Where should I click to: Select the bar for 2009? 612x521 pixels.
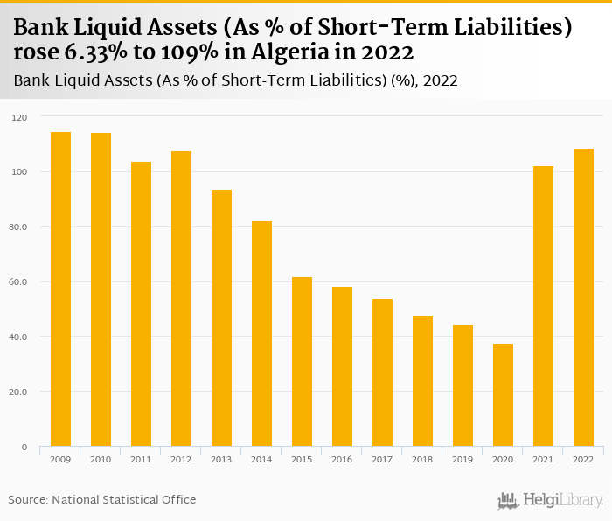(60, 288)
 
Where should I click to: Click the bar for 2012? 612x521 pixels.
(181, 298)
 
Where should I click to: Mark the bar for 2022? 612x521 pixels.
(583, 297)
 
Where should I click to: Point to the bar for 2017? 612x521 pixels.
(382, 372)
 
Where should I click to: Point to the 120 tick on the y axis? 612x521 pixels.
(20, 117)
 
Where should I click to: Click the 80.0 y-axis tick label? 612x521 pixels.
(19, 227)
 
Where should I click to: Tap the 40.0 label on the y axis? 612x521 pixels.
(19, 337)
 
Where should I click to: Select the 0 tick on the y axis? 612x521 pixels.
(24, 447)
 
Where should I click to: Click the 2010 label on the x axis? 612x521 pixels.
(101, 459)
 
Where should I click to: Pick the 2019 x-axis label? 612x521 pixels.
(462, 459)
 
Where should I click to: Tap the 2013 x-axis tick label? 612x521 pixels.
(221, 459)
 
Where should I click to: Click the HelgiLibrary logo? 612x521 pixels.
(550, 500)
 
